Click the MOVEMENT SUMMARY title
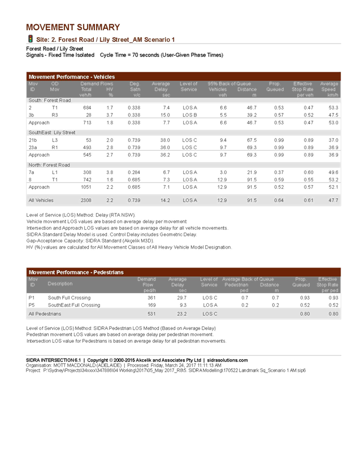click(x=73, y=27)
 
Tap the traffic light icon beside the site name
click(x=30, y=39)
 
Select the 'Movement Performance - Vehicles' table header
click(x=71, y=76)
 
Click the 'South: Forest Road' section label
click(x=50, y=100)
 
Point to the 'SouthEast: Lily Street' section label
click(x=52, y=132)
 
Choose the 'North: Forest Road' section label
click(x=49, y=165)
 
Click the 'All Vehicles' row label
click(x=41, y=200)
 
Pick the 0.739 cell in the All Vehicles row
click(x=133, y=200)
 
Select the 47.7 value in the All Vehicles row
click(x=333, y=200)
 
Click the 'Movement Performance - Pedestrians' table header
click(x=76, y=272)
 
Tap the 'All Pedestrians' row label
click(x=45, y=313)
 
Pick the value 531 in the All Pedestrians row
click(x=151, y=313)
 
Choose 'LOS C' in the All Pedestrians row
click(x=210, y=313)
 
